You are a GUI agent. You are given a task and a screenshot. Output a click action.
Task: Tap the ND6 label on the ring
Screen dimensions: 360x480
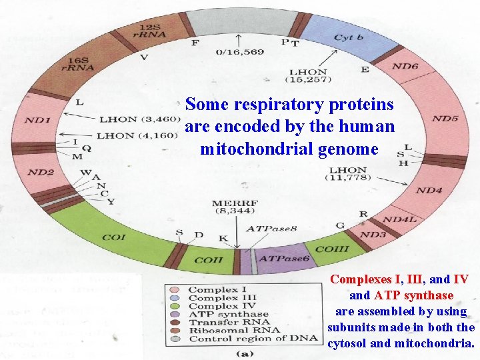pos(405,66)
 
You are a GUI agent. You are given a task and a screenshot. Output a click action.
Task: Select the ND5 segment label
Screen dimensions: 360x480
pos(445,119)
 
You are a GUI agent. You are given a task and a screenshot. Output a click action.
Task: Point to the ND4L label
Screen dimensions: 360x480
pos(400,219)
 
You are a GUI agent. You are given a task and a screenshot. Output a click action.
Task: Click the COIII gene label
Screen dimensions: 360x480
pos(331,249)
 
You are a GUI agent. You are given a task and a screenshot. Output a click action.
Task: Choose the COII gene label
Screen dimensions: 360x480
pos(208,260)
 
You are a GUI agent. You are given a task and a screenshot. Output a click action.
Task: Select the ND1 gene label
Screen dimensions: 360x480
pos(37,120)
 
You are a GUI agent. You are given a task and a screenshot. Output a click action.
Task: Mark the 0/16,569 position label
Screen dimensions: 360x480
pos(240,52)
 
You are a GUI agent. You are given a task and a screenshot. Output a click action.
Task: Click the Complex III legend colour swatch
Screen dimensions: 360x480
pos(175,298)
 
